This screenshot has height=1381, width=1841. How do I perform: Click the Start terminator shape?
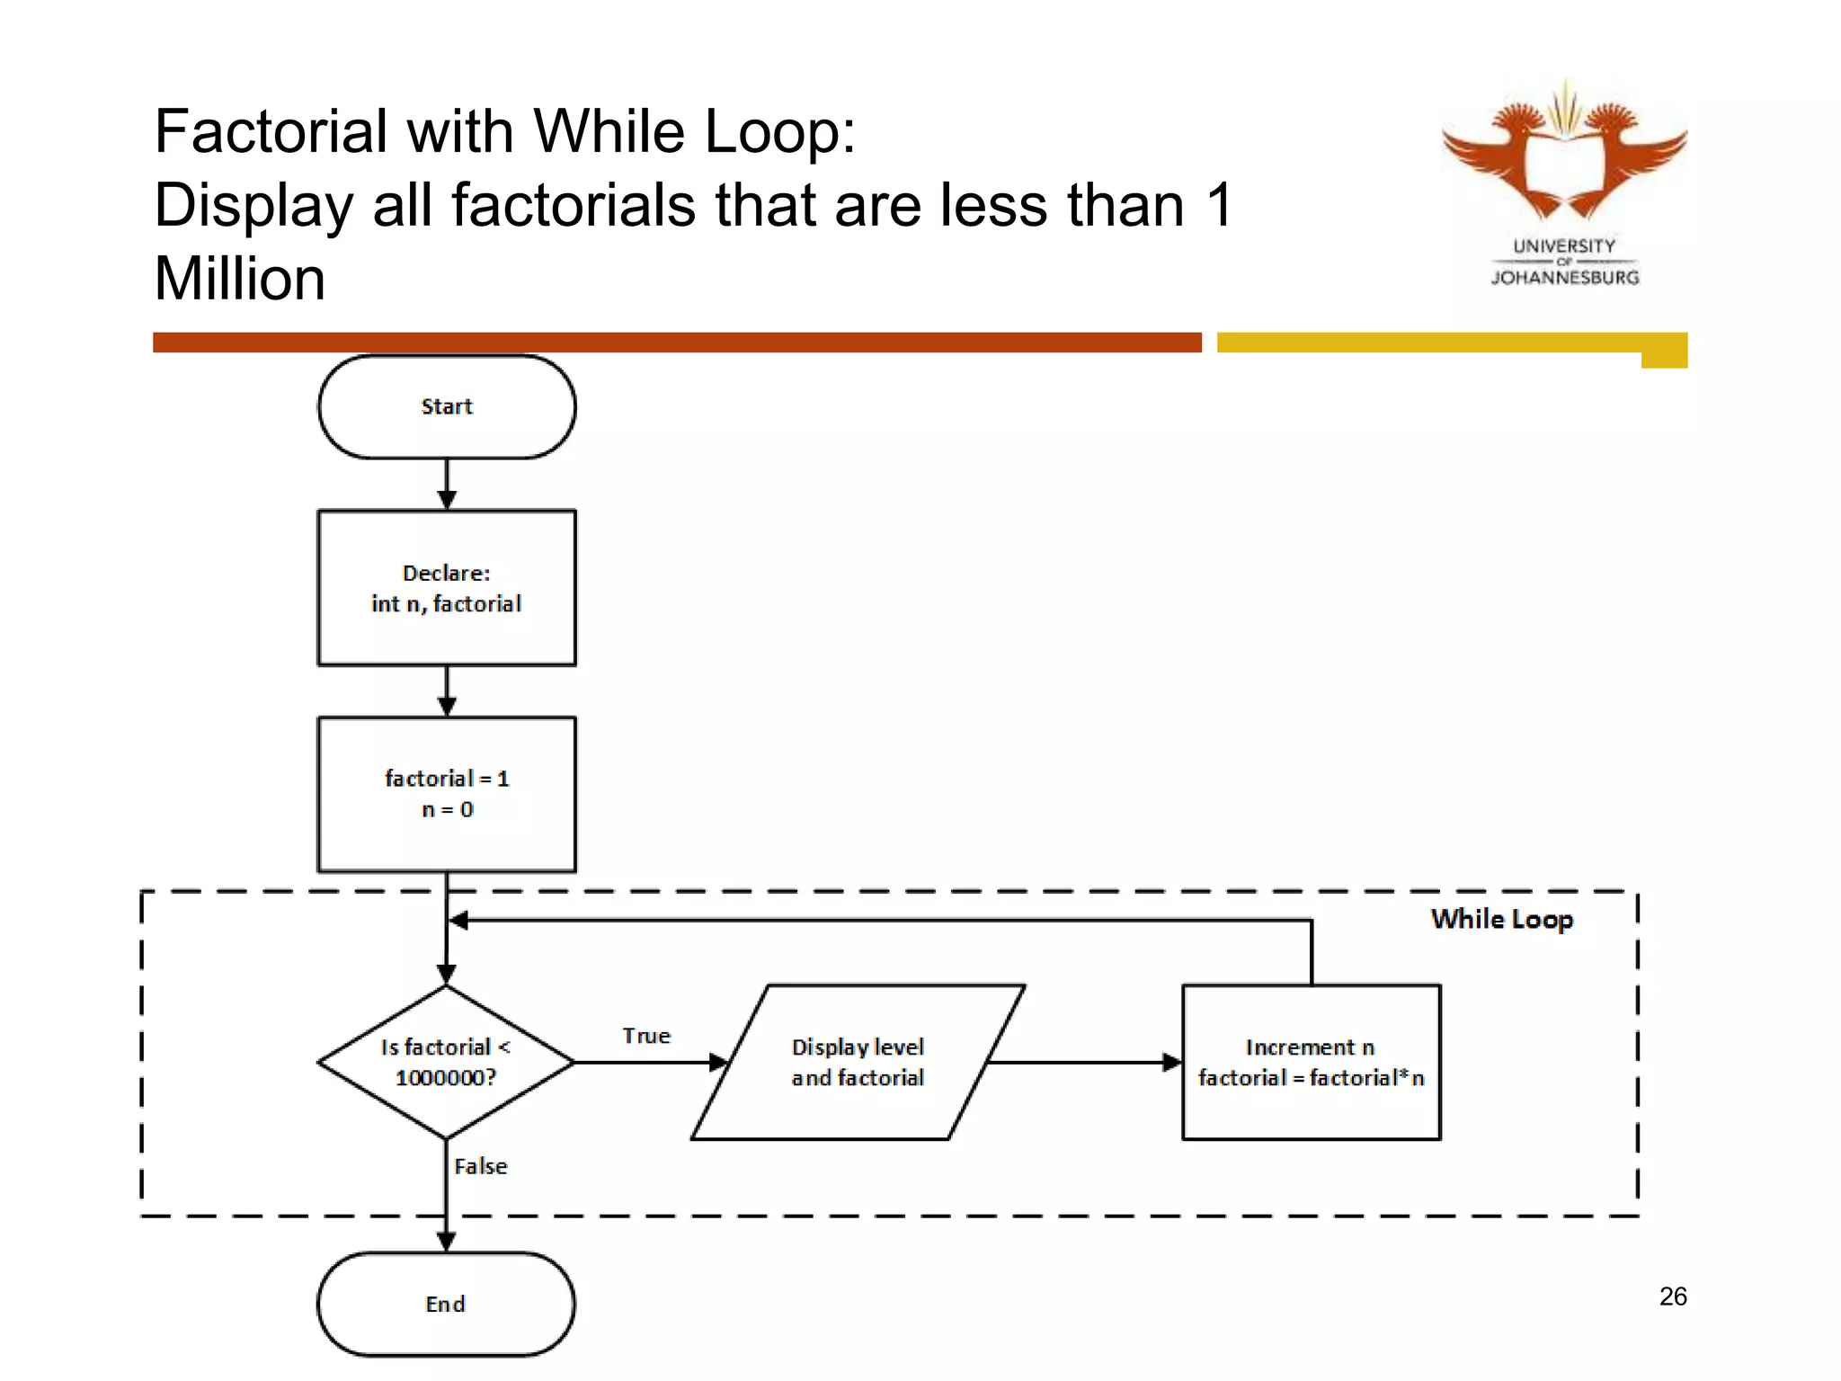(x=447, y=406)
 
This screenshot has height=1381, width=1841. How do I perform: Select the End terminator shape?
(x=446, y=1304)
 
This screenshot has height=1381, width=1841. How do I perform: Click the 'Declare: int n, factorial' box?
(x=447, y=588)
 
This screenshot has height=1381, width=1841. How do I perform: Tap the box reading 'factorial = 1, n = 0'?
(x=447, y=794)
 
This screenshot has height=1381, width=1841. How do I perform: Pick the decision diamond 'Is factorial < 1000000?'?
(x=446, y=1062)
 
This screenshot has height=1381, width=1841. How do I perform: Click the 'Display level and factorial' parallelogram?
(x=858, y=1062)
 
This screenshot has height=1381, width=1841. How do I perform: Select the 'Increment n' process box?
(x=1311, y=1062)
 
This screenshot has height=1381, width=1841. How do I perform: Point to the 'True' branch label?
(x=646, y=1036)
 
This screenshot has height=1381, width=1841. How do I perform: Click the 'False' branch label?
(x=481, y=1166)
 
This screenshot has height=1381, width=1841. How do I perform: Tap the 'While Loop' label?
(x=1502, y=919)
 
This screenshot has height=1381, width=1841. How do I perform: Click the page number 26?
(x=1673, y=1296)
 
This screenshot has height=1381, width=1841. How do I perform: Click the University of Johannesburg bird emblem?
(x=1564, y=153)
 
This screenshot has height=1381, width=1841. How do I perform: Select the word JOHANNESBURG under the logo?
(x=1565, y=278)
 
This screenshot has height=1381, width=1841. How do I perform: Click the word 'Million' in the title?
(x=240, y=279)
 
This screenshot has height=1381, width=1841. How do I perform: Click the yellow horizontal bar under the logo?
(x=1438, y=343)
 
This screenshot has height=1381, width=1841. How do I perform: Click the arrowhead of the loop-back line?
(x=458, y=920)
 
